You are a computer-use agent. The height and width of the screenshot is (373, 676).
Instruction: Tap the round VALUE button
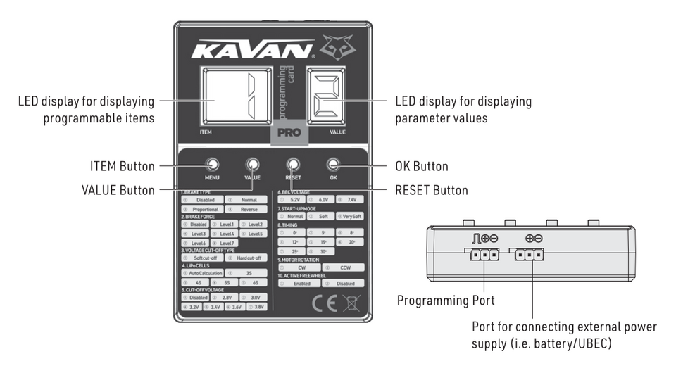click(x=252, y=165)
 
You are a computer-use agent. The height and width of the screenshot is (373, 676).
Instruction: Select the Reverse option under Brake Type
click(x=249, y=209)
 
